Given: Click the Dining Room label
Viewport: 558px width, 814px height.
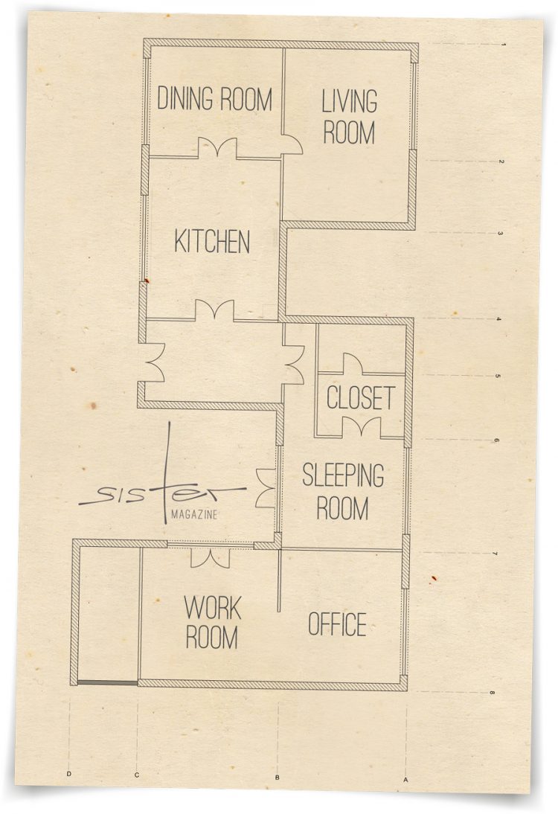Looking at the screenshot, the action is tap(214, 99).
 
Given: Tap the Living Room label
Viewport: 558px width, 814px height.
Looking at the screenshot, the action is tap(349, 117).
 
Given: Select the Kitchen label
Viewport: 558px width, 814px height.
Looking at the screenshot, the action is tap(212, 241).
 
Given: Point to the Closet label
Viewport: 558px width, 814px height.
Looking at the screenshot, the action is tap(361, 397).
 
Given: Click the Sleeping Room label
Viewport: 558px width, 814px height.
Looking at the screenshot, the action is tap(343, 491).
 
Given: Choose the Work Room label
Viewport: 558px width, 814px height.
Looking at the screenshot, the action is tap(212, 622).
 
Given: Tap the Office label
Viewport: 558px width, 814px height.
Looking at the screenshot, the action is tap(337, 624).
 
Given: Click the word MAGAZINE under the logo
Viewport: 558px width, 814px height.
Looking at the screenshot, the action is tap(194, 515).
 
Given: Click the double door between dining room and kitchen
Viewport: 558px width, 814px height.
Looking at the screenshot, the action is tap(217, 148).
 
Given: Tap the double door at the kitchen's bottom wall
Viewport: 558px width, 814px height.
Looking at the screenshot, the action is tap(214, 310).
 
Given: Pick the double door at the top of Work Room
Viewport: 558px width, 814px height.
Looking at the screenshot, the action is tap(211, 557).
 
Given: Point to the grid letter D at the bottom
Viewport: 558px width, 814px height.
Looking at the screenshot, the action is tap(69, 775).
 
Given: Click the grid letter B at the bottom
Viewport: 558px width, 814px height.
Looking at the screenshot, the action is tap(278, 777).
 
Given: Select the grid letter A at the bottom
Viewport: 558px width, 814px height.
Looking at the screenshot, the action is tap(406, 779).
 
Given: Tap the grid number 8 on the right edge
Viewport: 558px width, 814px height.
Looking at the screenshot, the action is tap(492, 693).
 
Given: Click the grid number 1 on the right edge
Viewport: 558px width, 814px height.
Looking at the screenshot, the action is tap(503, 45).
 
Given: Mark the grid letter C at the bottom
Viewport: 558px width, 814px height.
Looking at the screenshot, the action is tap(136, 775).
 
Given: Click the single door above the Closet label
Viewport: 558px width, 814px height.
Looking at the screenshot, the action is tap(353, 363).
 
